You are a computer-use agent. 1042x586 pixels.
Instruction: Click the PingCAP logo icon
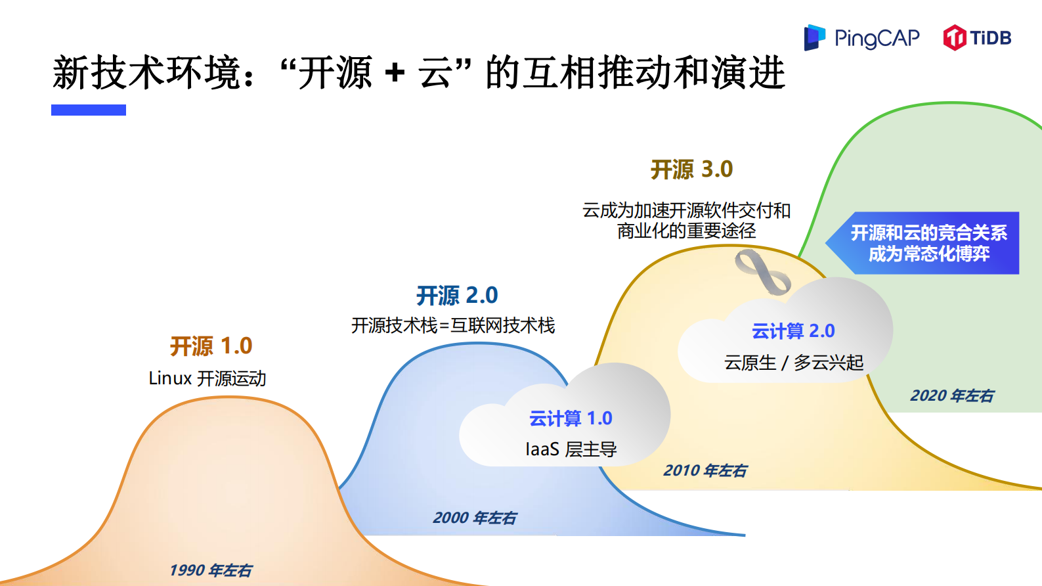coord(814,37)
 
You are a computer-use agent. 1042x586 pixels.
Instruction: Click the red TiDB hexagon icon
coord(955,37)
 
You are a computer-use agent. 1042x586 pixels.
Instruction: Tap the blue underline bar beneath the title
coord(89,110)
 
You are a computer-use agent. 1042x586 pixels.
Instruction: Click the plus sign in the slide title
coord(395,72)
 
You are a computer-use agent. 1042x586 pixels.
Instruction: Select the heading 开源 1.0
coord(211,346)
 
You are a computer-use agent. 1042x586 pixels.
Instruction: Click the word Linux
coord(170,378)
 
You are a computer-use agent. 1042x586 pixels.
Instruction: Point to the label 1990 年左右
coord(211,570)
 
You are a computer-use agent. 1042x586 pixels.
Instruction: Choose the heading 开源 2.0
coord(457,296)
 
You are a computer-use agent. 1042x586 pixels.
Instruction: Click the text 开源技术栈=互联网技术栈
coord(453,325)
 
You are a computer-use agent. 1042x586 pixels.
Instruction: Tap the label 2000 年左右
coord(475,518)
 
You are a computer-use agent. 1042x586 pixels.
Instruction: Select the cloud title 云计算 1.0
coord(571,418)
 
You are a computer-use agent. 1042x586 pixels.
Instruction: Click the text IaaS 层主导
coord(571,449)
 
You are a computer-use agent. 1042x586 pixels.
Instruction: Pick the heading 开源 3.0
coord(691,169)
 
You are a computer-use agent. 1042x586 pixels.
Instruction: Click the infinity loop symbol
coord(762,271)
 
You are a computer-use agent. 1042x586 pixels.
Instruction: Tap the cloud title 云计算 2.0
coord(793,331)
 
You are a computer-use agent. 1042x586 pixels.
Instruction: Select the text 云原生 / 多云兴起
coord(793,363)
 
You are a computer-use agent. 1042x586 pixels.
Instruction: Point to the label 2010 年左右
coord(705,470)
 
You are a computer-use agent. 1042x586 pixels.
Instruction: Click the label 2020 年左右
coord(952,395)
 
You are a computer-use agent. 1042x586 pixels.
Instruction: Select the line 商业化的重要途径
coord(686,231)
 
